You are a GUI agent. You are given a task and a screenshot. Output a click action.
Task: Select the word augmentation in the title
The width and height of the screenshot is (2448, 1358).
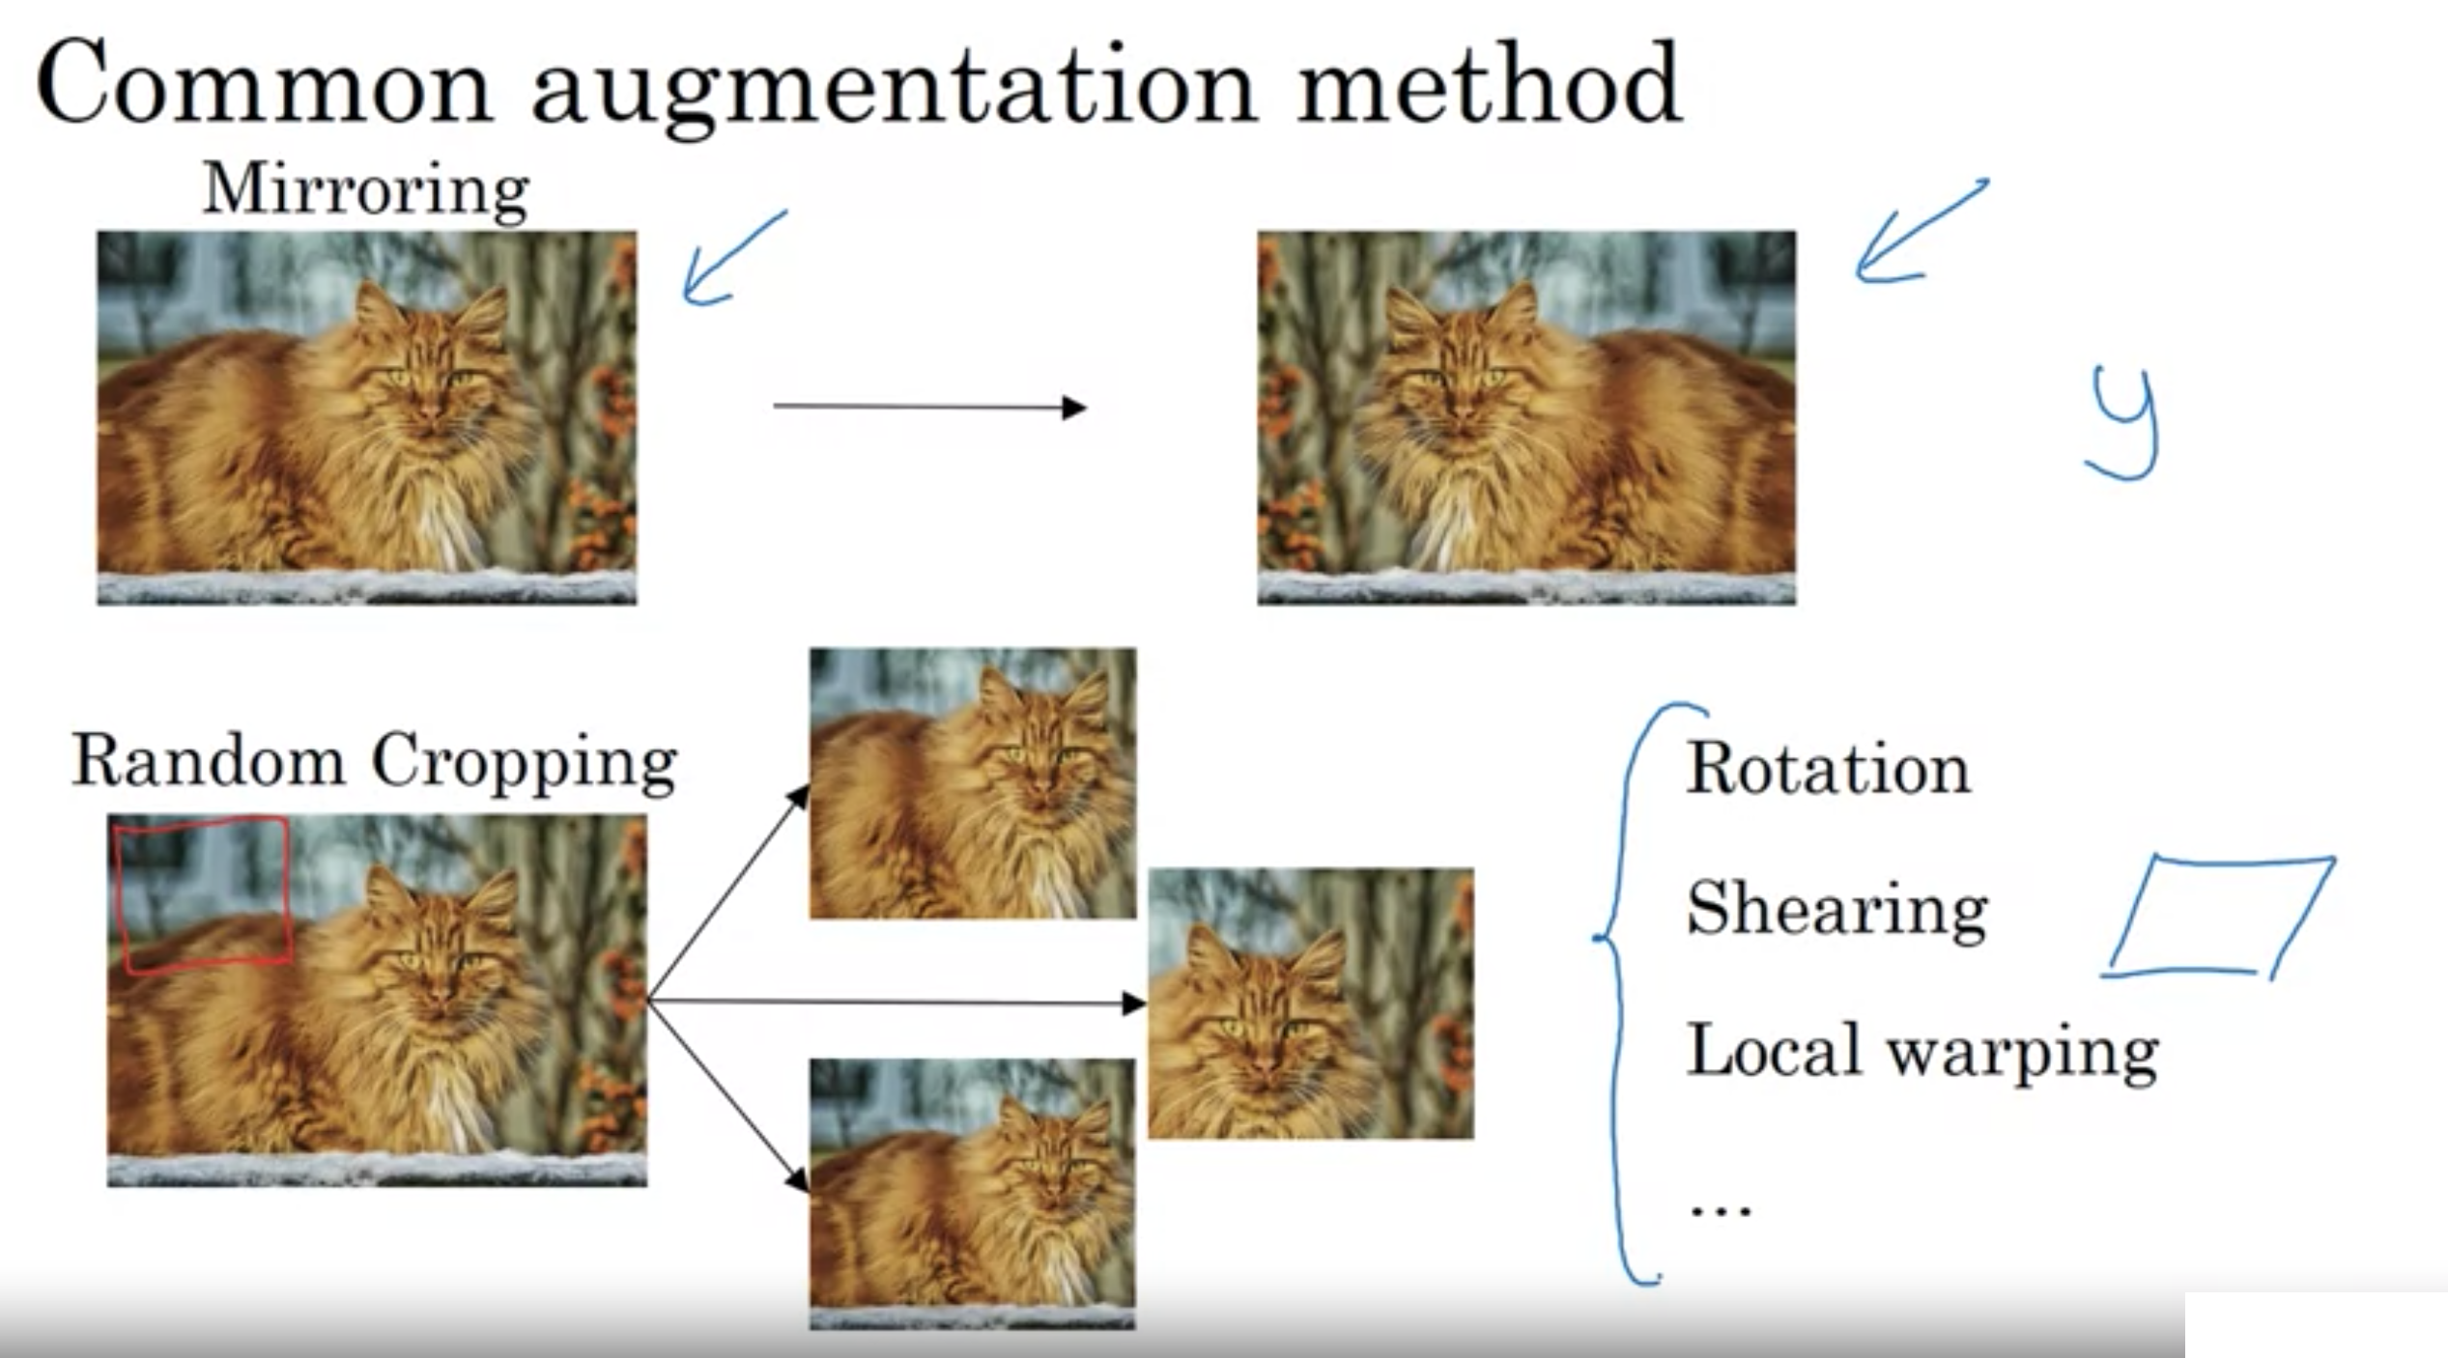click(x=895, y=92)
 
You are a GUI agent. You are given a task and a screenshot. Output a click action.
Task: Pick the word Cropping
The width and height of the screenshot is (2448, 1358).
click(x=525, y=764)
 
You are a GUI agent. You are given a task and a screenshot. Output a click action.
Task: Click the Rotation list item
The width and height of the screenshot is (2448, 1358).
click(x=1828, y=770)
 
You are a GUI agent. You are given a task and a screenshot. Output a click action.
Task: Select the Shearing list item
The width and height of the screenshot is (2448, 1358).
click(x=1836, y=910)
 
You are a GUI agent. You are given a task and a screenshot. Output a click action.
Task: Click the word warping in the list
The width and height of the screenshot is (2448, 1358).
click(x=2022, y=1056)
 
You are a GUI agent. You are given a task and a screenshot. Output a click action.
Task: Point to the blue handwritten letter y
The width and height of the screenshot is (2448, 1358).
click(x=2122, y=423)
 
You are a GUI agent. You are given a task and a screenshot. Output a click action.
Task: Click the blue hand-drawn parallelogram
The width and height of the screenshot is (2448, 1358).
click(x=2219, y=917)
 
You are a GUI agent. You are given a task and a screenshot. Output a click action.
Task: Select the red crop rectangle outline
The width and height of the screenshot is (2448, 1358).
click(x=203, y=894)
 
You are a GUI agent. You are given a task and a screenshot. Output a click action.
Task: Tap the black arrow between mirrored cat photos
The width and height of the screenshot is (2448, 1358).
click(x=930, y=408)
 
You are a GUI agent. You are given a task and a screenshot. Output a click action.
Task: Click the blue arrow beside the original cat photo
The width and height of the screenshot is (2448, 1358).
click(x=735, y=258)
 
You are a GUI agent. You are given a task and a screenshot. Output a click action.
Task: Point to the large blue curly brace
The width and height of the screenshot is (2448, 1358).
click(x=1648, y=993)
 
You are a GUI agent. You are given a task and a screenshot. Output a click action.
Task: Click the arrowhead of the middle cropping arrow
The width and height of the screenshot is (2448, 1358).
click(x=1134, y=1004)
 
